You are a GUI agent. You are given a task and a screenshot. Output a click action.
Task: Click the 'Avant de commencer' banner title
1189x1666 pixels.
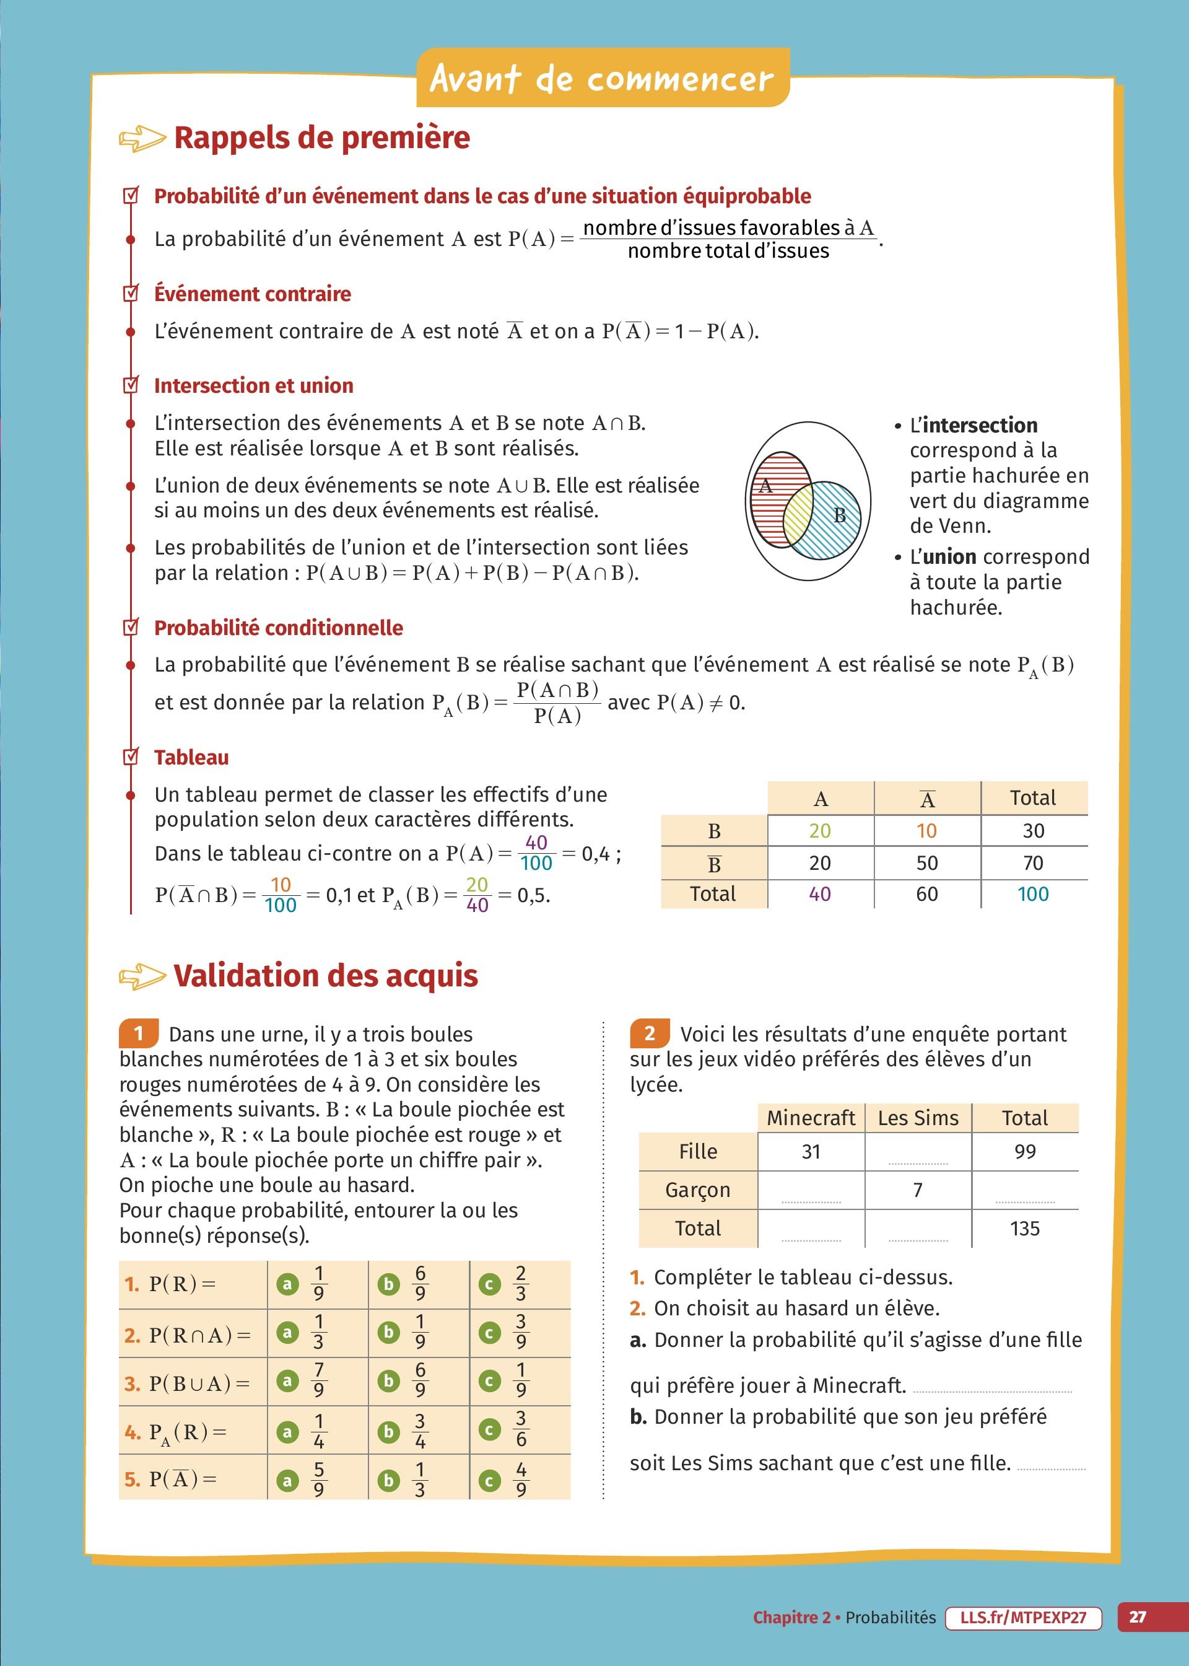point(602,78)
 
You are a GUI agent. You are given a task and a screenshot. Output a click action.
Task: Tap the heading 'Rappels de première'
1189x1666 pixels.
point(321,138)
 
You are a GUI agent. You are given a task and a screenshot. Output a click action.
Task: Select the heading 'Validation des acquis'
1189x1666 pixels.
point(325,976)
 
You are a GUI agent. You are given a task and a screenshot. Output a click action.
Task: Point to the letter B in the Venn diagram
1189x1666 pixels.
point(840,516)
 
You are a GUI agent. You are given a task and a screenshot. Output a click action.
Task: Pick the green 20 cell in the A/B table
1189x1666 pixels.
point(820,831)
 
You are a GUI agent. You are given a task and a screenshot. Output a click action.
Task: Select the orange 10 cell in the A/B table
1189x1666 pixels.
point(927,831)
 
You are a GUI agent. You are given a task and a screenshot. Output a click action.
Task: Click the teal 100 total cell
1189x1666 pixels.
point(1033,894)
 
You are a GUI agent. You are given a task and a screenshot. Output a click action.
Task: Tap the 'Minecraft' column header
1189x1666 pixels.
point(811,1118)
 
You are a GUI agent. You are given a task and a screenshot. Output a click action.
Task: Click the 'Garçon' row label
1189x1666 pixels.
point(698,1190)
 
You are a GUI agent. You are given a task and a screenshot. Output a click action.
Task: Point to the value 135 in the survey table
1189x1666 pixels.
point(1025,1228)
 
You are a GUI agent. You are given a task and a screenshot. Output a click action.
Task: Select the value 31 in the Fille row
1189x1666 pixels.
point(811,1152)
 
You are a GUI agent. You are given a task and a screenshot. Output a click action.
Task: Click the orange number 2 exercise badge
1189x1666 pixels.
point(648,1033)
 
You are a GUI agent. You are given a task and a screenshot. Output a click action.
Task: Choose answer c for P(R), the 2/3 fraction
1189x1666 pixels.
point(520,1283)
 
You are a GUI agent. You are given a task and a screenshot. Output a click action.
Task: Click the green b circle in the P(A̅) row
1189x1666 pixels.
point(389,1480)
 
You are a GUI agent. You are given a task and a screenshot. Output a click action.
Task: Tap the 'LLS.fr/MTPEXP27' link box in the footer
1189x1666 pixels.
point(1023,1617)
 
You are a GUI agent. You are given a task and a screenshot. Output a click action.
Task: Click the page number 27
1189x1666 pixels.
point(1137,1617)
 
